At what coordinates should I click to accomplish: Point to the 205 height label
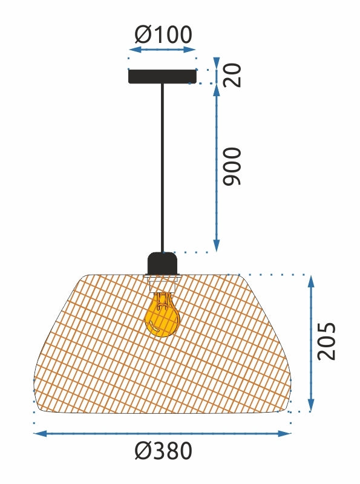(327, 342)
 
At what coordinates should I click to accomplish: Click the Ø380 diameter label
(163, 451)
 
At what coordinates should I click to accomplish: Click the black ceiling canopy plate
(162, 77)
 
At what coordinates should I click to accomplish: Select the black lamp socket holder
(162, 263)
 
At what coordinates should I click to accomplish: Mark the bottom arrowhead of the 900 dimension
(216, 246)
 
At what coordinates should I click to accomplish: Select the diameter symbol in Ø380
(142, 451)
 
